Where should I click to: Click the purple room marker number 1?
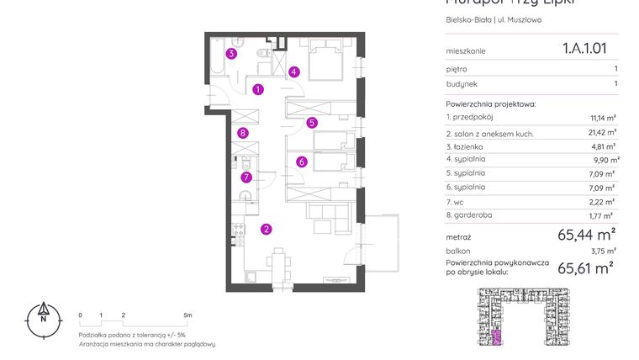click(258, 88)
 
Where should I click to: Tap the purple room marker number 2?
click(266, 228)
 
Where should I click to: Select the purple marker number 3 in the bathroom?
click(231, 54)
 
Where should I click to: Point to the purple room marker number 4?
click(293, 71)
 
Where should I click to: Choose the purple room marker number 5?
click(312, 122)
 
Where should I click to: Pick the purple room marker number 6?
click(301, 161)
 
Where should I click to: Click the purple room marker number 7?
click(246, 177)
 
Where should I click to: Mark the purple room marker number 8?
click(242, 132)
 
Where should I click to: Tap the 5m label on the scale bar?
click(187, 315)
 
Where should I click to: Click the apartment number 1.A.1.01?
click(584, 49)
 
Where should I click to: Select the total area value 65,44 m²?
click(587, 234)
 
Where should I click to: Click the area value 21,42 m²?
click(604, 132)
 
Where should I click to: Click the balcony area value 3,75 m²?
click(604, 251)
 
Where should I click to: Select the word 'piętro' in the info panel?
click(457, 69)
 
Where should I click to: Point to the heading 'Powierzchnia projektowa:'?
click(491, 103)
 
